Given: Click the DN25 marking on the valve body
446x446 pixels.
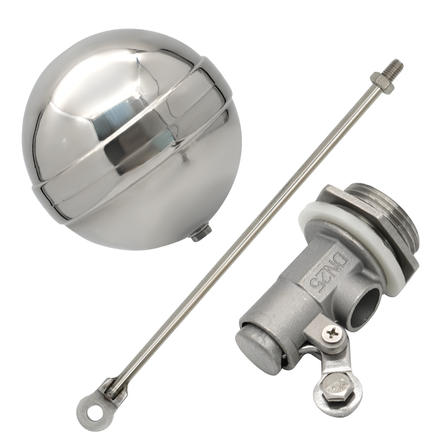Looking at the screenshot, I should point(328,273).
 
